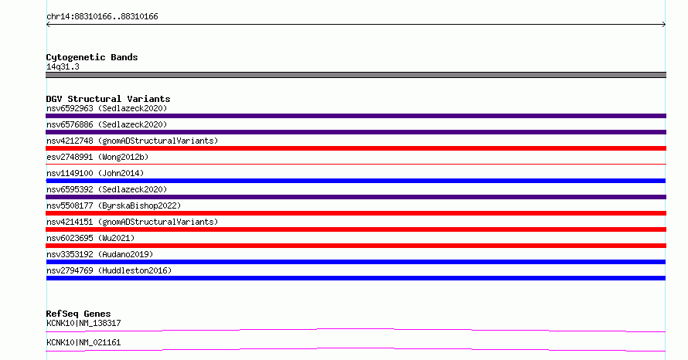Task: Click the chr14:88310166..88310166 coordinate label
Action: [102, 17]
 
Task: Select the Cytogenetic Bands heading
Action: [92, 57]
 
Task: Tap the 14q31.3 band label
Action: [63, 67]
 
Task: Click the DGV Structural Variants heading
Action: [108, 99]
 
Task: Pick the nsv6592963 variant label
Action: [107, 108]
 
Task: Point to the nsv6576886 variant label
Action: [107, 124]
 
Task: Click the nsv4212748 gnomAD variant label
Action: [132, 141]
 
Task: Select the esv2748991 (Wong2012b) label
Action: [97, 157]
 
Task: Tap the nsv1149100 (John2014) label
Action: [95, 173]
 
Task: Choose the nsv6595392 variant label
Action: [107, 189]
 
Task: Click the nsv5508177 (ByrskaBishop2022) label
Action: [114, 205]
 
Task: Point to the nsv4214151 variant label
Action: [132, 222]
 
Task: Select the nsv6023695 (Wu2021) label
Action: [90, 238]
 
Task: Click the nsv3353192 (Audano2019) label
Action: [100, 254]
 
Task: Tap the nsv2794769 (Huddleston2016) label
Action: [109, 270]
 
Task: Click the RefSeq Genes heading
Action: [78, 314]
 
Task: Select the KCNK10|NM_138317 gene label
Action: [83, 323]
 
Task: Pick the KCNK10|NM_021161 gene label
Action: [83, 342]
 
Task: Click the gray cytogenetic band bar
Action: [356, 75]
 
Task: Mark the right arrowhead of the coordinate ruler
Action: [664, 25]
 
